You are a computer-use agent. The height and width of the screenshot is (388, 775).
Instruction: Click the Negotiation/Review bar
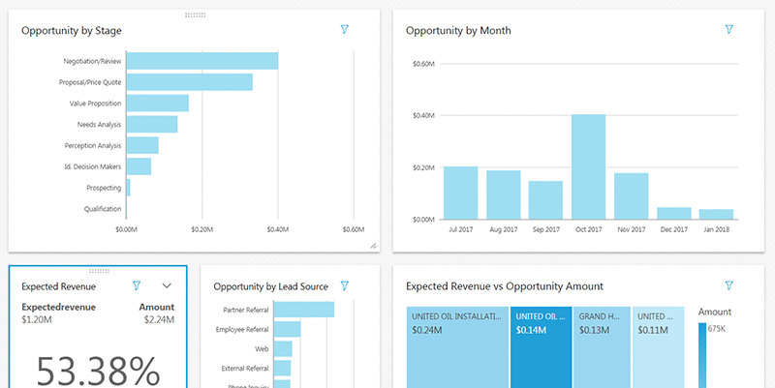[x=202, y=61]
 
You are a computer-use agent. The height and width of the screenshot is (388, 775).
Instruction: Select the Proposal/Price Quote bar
[x=189, y=82]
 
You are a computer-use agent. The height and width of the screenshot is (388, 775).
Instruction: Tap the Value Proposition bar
[x=157, y=104]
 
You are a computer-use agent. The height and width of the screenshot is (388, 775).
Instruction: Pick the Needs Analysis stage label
[x=99, y=125]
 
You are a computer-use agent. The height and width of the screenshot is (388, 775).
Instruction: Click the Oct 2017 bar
[x=588, y=166]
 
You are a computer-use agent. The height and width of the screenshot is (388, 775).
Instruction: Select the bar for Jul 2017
[x=461, y=193]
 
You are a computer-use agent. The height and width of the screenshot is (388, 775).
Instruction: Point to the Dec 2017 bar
[x=673, y=213]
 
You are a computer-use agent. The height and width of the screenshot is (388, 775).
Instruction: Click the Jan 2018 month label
[x=716, y=229]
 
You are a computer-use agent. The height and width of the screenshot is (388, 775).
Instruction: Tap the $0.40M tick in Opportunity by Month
[x=423, y=116]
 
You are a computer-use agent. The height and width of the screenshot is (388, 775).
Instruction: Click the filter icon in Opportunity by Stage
[x=345, y=30]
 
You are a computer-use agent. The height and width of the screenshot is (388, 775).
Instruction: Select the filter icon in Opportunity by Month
[x=729, y=30]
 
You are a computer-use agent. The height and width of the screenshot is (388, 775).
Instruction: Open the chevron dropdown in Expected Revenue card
[x=167, y=285]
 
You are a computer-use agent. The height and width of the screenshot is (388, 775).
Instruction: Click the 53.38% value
[x=98, y=370]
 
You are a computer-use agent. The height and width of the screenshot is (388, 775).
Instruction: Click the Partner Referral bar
[x=304, y=310]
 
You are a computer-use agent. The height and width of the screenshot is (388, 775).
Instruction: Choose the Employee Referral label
[x=241, y=330]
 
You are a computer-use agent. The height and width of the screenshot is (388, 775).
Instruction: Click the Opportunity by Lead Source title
[x=270, y=286]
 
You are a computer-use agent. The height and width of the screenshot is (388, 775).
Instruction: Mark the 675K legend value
[x=718, y=329]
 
